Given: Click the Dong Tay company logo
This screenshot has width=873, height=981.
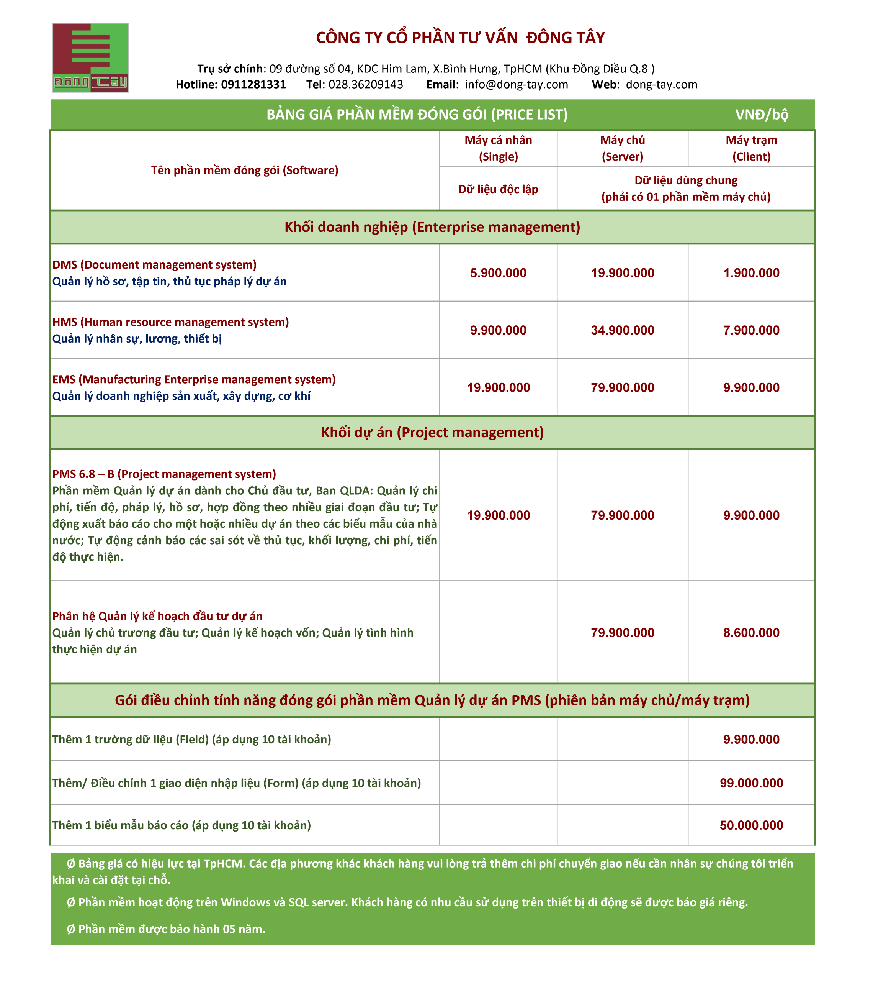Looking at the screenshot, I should [90, 57].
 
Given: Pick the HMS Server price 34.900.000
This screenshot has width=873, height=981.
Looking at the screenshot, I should [622, 330].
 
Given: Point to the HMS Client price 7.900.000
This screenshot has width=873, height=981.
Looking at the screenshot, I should [751, 330].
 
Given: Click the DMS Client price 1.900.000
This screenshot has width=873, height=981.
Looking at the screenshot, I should [751, 273].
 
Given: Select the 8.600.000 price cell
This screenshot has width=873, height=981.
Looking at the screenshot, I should [751, 633].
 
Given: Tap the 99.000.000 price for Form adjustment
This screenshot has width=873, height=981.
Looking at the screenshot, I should [751, 783].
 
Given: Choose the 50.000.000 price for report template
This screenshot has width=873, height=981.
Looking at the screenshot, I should [751, 825].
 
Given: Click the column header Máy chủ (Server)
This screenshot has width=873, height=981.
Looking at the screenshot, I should [622, 148].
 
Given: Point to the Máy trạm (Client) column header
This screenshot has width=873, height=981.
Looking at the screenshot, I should [751, 148].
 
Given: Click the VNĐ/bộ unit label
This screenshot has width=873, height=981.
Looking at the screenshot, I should [761, 115].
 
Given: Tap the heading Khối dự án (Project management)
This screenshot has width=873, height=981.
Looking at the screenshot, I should [432, 432].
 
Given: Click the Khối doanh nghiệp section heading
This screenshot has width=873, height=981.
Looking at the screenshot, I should [432, 227].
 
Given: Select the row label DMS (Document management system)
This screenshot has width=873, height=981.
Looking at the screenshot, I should [154, 265].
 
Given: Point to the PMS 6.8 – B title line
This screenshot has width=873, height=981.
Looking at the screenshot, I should [164, 474].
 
